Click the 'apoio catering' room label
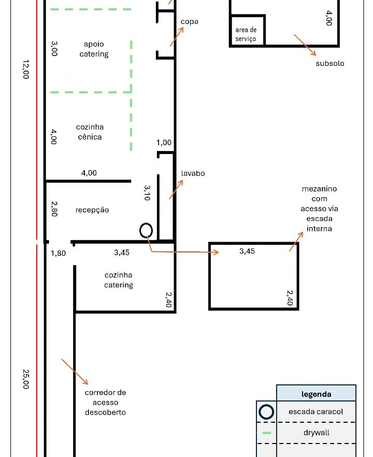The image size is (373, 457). tap(94, 49)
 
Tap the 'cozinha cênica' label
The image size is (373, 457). tap(90, 132)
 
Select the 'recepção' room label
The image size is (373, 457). tap(92, 210)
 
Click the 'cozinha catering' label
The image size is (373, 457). tap(119, 280)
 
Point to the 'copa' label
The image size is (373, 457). tap(189, 22)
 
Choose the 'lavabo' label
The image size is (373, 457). tap(193, 173)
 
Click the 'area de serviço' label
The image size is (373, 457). tap(246, 34)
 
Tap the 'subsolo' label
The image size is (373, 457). tap(330, 63)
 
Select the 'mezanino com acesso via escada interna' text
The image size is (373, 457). tap(319, 209)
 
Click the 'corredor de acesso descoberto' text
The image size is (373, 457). tap(105, 402)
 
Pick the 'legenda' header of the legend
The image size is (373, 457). tap(316, 394)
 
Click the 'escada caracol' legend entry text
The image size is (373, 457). tap(316, 411)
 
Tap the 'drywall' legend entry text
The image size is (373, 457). tap(316, 433)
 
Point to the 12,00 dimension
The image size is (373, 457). tap(25, 69)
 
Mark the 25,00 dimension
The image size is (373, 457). tap(25, 379)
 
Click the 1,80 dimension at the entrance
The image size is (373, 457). tap(58, 253)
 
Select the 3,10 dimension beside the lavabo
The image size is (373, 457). tap(147, 193)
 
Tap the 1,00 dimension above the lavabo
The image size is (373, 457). tap(164, 143)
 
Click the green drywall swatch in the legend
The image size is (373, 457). tap(267, 433)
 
